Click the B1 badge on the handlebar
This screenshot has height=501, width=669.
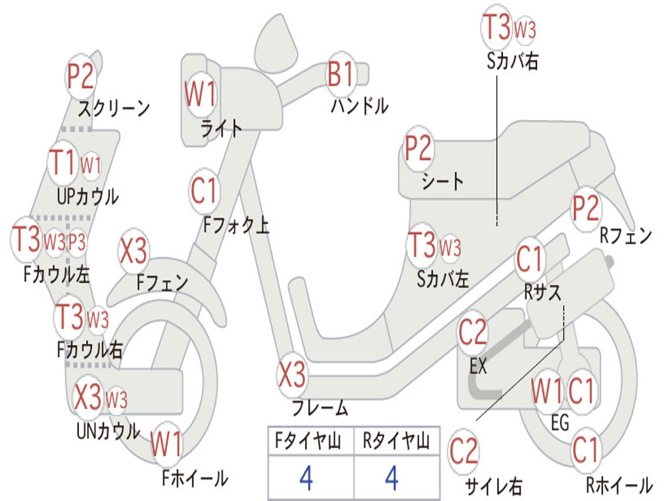pos(340,74)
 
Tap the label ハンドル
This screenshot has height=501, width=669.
pos(359,106)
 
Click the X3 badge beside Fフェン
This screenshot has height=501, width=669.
pos(133,251)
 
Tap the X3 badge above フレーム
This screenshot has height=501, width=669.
pos(292,374)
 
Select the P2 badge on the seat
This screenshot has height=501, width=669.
pos(418,149)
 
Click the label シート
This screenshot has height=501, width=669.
pos(442,181)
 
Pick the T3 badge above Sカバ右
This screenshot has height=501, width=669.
pos(496,27)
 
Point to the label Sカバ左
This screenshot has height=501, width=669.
pos(443,279)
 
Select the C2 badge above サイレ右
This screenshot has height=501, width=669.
pos(464,452)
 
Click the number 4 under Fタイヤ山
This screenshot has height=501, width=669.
pos(306,478)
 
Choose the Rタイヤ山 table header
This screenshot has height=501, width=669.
pos(396,443)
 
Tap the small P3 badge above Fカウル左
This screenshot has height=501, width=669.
pos(77,243)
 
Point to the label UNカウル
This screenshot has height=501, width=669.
pos(108,431)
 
